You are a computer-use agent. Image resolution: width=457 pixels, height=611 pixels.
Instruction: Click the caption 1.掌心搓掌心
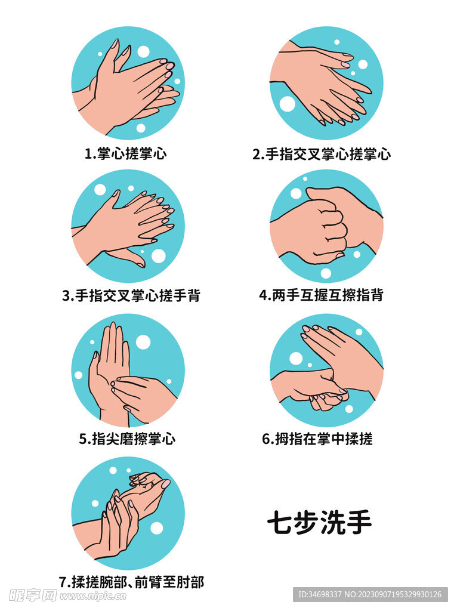(x=125, y=154)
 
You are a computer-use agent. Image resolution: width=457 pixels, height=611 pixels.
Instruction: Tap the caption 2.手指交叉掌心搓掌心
(x=322, y=154)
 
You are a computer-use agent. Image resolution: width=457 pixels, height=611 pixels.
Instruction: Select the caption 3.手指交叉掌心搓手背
(x=131, y=296)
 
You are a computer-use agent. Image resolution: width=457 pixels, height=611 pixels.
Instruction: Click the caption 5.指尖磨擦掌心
(x=127, y=439)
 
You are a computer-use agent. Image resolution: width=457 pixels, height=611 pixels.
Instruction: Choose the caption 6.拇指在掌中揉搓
(x=317, y=439)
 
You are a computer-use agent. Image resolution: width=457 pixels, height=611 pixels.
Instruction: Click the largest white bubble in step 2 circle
(x=288, y=104)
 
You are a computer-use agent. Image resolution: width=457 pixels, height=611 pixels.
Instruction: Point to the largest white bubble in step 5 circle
(x=143, y=342)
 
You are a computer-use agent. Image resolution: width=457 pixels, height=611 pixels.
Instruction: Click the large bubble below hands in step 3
(x=158, y=256)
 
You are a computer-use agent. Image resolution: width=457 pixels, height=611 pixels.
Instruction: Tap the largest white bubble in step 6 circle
(x=296, y=359)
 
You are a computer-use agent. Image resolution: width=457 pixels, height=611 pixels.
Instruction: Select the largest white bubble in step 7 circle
(x=156, y=528)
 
